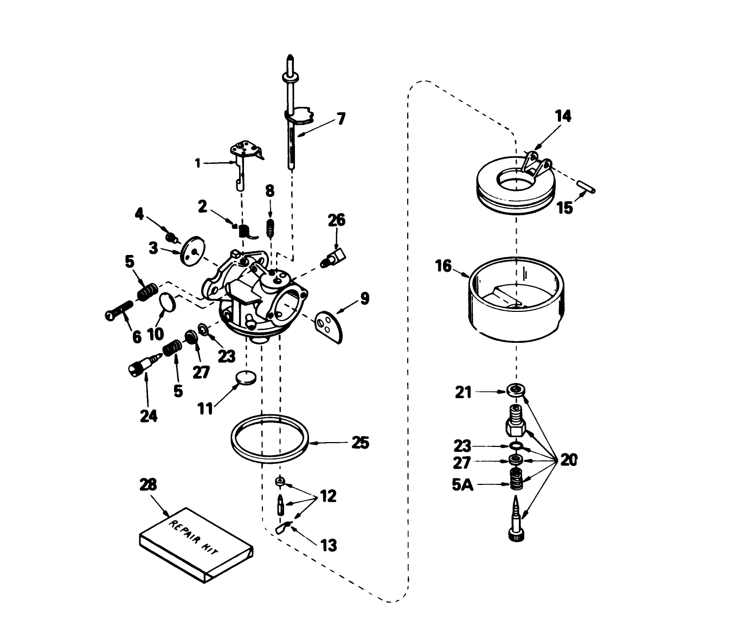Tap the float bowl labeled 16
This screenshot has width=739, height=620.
[x=516, y=301]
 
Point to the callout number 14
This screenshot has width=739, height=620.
[x=563, y=116]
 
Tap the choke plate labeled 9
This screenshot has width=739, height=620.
[x=330, y=325]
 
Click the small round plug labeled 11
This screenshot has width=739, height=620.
[x=246, y=377]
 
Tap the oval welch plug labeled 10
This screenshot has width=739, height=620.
[x=168, y=302]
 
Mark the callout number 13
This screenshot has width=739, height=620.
[x=329, y=545]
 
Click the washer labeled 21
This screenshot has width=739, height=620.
[x=515, y=390]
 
